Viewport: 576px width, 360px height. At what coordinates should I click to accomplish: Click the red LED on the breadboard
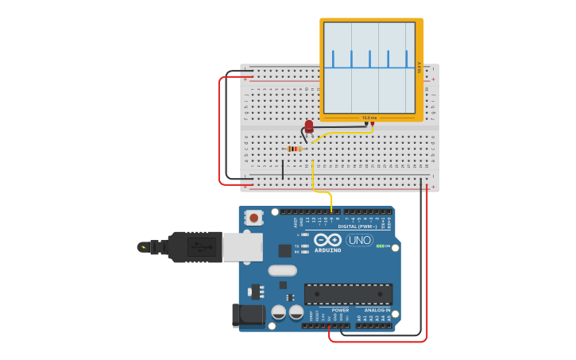[x=309, y=126]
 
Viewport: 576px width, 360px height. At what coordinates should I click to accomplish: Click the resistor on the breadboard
[x=295, y=149]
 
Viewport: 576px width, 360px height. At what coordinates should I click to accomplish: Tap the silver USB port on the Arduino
[x=242, y=247]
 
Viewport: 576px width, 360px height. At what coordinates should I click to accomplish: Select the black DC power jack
[x=248, y=315]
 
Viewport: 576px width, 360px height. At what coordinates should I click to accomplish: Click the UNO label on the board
[x=360, y=240]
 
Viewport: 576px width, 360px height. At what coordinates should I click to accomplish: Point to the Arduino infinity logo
[x=327, y=240]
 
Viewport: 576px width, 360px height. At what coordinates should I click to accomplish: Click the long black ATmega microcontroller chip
[x=348, y=294]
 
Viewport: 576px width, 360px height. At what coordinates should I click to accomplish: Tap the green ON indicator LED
[x=381, y=246]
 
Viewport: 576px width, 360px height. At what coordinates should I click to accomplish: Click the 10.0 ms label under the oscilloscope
[x=369, y=118]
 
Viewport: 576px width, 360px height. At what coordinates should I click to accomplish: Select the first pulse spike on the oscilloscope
[x=333, y=59]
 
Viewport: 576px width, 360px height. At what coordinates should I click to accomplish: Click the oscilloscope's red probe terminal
[x=373, y=123]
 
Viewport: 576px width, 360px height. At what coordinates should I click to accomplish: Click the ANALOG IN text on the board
[x=377, y=310]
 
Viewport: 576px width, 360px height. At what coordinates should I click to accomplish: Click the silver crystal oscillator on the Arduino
[x=282, y=270]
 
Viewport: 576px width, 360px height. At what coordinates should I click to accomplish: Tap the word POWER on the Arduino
[x=340, y=310]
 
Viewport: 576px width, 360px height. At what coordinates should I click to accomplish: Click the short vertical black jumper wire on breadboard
[x=282, y=168]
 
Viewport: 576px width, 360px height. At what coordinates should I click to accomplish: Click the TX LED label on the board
[x=297, y=246]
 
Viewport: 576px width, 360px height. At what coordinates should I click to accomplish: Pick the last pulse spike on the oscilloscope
[x=406, y=59]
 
